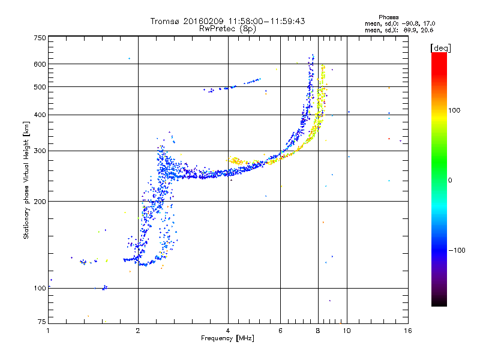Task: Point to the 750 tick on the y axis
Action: click(x=40, y=37)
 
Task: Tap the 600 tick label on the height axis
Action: click(x=40, y=64)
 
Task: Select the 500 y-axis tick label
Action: click(x=40, y=86)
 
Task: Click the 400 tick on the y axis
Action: click(x=40, y=115)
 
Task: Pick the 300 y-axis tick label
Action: click(x=40, y=151)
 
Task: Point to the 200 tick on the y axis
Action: click(x=40, y=201)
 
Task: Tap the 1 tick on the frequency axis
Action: click(x=49, y=331)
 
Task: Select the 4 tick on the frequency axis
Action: click(x=228, y=331)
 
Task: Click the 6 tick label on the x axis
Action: click(x=280, y=331)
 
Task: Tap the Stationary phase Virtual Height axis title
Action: click(x=26, y=180)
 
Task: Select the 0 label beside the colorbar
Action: click(x=450, y=180)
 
